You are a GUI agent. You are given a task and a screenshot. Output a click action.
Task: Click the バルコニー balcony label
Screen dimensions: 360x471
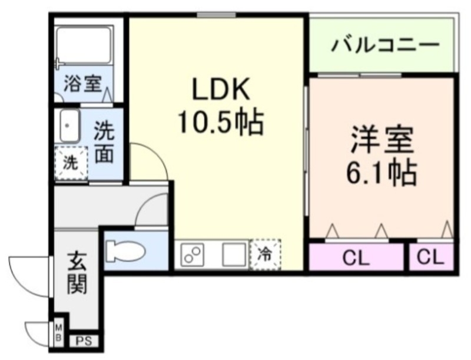tap(385, 45)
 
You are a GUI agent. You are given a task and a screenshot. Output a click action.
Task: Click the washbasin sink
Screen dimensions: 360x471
tap(69, 125)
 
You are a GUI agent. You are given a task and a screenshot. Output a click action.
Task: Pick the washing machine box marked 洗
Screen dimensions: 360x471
tap(70, 162)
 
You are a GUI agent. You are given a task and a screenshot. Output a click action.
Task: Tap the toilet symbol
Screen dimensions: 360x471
tap(125, 250)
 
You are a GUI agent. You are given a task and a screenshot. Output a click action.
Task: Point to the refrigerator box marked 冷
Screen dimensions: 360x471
tap(265, 255)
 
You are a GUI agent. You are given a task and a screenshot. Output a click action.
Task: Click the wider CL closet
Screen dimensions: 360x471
tap(357, 257)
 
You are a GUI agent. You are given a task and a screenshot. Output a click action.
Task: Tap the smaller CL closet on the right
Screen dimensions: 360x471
tap(432, 257)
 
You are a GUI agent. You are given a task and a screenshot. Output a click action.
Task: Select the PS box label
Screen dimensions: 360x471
tap(84, 341)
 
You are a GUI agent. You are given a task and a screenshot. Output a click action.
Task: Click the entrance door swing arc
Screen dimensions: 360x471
tap(24, 271)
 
